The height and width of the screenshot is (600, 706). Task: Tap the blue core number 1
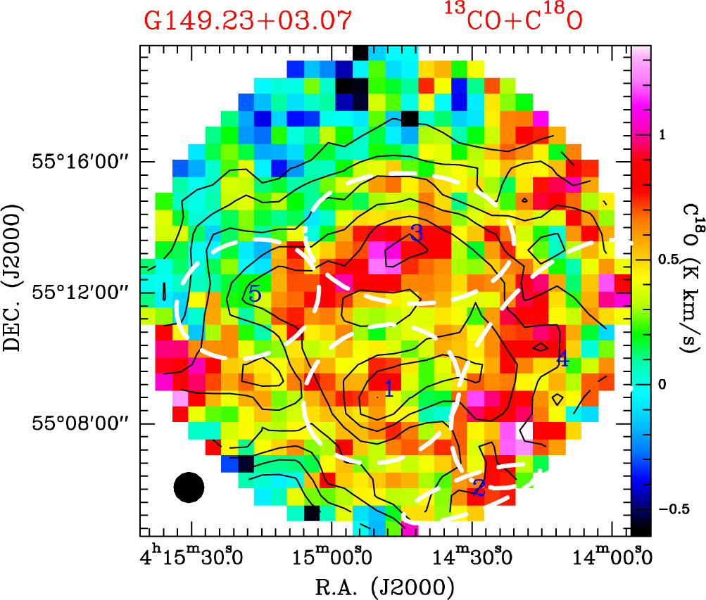point(387,387)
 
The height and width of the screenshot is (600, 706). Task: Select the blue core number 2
point(479,487)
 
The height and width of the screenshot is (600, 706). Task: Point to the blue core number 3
point(416,234)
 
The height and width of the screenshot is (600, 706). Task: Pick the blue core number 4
point(562,358)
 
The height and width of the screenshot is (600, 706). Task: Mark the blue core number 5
point(255,293)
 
